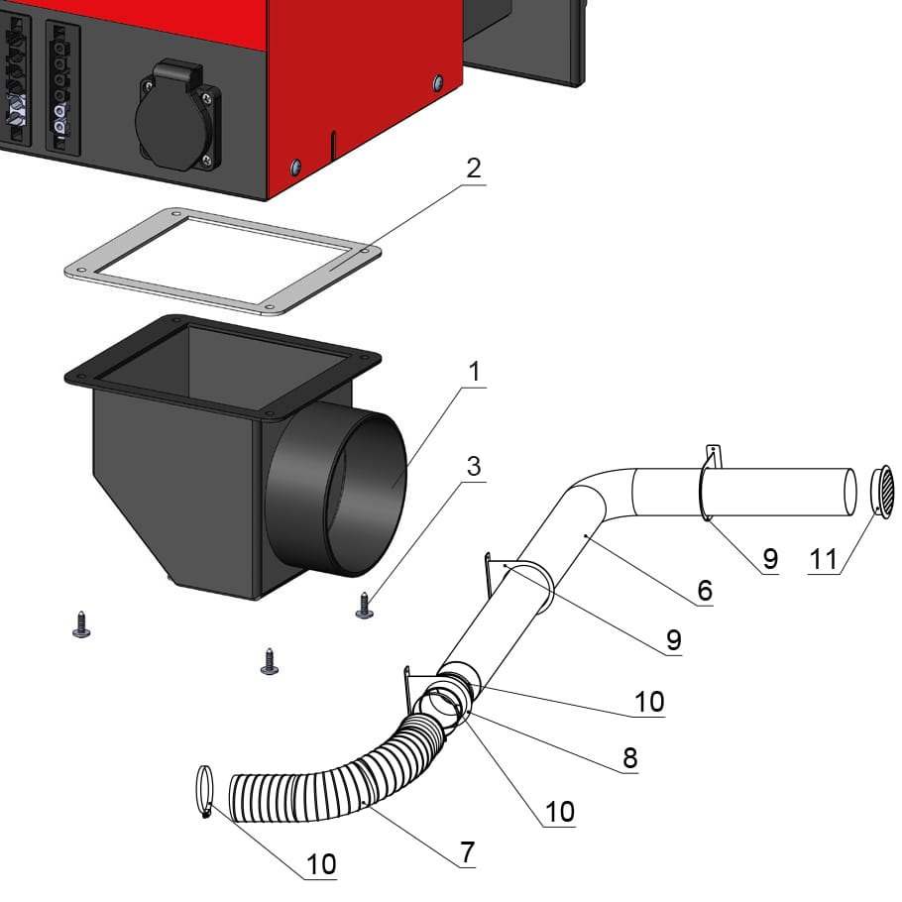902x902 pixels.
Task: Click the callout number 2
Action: pyautogui.click(x=474, y=169)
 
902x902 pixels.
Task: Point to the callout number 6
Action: pyautogui.click(x=704, y=591)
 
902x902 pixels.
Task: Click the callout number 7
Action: pyautogui.click(x=467, y=851)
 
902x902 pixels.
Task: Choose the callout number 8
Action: pyautogui.click(x=628, y=758)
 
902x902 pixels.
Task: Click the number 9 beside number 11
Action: pyautogui.click(x=769, y=559)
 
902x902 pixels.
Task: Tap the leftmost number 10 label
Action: pyautogui.click(x=321, y=863)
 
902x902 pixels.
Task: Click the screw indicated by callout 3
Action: pyautogui.click(x=365, y=606)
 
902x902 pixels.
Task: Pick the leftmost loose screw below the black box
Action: pyautogui.click(x=81, y=624)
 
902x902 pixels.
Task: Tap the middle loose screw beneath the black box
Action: pyautogui.click(x=269, y=661)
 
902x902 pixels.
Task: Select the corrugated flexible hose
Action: pyautogui.click(x=327, y=784)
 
